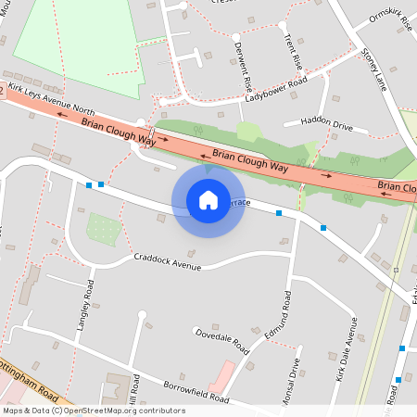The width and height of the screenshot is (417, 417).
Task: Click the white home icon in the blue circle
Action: coord(208,200)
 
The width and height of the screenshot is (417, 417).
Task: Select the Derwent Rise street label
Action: coord(243,64)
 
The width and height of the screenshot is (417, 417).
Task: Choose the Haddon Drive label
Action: coord(318,124)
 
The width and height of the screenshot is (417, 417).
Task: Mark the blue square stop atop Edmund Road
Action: coord(279,214)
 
